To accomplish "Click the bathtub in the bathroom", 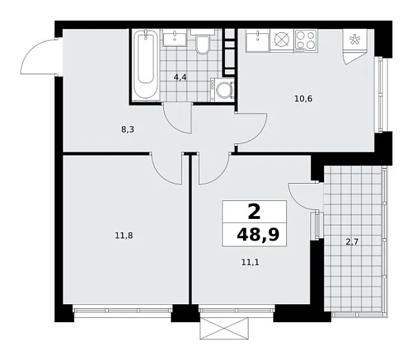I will click(x=145, y=65).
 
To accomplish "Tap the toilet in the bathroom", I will click(x=202, y=45).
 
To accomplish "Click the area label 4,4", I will click(x=180, y=77).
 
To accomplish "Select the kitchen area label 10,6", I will click(x=304, y=98).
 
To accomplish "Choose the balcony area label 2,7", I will click(x=351, y=241).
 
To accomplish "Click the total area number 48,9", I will click(x=261, y=234).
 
